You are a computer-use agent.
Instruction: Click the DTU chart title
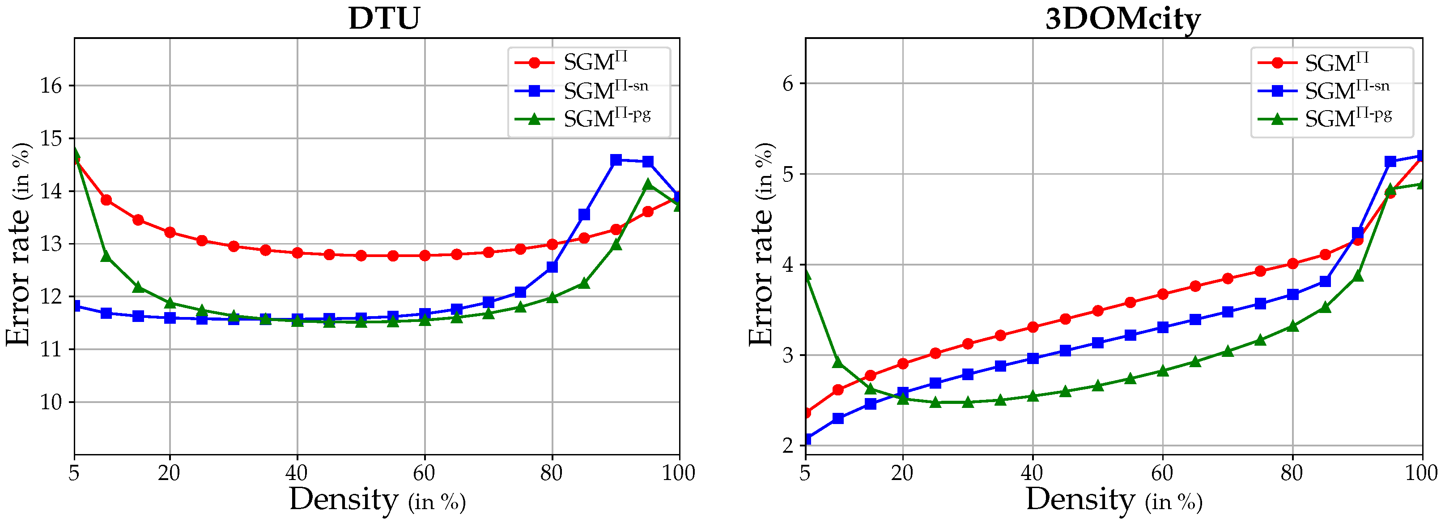[384, 18]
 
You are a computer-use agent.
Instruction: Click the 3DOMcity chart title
[1122, 18]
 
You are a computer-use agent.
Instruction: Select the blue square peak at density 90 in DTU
[616, 160]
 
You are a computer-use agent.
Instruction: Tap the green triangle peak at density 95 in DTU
[648, 184]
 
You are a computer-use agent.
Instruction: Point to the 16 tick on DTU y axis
[51, 86]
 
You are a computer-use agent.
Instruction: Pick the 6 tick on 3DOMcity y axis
[788, 84]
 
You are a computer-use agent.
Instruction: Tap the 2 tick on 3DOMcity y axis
[788, 446]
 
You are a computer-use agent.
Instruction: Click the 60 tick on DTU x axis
[424, 473]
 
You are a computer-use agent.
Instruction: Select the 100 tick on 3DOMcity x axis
[1421, 473]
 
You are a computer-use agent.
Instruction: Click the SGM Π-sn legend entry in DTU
[606, 90]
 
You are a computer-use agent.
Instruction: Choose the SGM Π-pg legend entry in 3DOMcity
[1348, 118]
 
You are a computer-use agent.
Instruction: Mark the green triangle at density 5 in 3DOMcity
[806, 274]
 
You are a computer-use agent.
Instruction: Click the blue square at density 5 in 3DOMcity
[806, 439]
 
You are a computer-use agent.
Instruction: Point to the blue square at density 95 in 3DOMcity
[1390, 162]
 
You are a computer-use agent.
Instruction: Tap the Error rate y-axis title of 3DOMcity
[761, 244]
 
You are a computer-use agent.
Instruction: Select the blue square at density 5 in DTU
[75, 306]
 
